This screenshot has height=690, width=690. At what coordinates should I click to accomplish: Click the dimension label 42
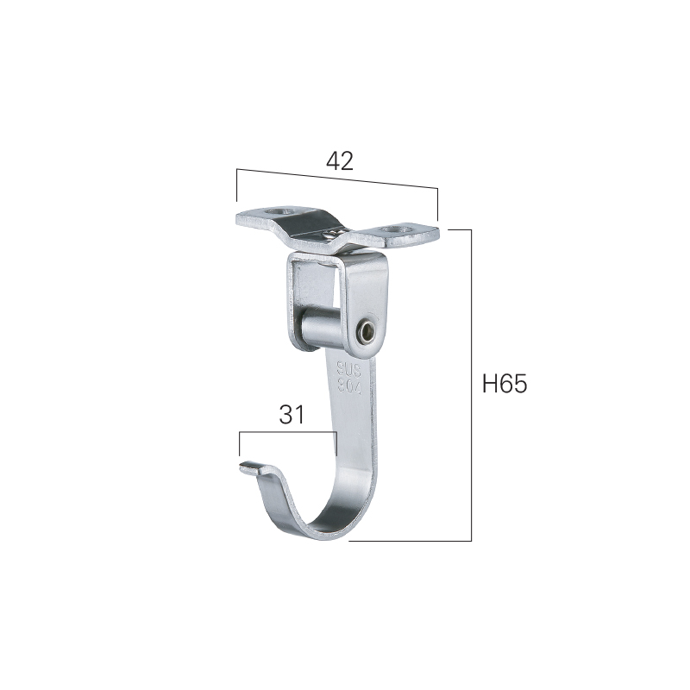[339, 161]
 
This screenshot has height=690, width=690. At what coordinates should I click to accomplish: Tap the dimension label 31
[292, 415]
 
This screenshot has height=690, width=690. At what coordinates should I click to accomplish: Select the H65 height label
[505, 383]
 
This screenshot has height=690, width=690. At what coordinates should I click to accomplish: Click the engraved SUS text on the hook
[349, 369]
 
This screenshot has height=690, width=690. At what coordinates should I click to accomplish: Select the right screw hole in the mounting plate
[397, 229]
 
